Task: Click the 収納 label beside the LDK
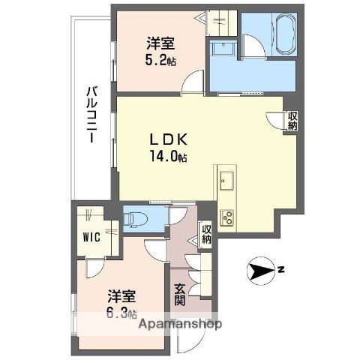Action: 291,121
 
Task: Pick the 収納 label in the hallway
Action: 205,234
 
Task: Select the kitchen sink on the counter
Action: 226,181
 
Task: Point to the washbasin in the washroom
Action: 222,48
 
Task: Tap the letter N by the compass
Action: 278,269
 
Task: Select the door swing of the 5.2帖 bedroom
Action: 194,82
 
